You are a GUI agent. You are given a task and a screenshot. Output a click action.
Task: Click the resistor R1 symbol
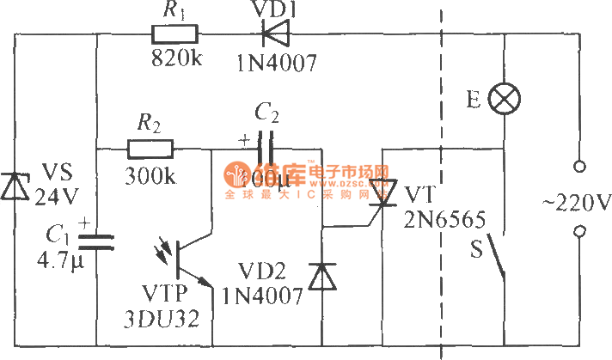click(x=174, y=35)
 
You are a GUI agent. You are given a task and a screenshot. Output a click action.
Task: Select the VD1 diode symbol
click(x=272, y=35)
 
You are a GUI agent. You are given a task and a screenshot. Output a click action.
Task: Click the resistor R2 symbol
click(x=150, y=150)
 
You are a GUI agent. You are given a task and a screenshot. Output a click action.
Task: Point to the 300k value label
click(x=151, y=176)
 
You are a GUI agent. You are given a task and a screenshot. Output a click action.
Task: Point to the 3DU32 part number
click(x=169, y=318)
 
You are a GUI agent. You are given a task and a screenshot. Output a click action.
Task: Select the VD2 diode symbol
click(x=322, y=277)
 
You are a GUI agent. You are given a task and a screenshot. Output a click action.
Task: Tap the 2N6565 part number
click(x=434, y=217)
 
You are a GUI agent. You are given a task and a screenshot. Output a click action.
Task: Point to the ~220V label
click(x=575, y=204)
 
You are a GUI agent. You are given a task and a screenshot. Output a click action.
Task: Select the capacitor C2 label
click(x=267, y=112)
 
